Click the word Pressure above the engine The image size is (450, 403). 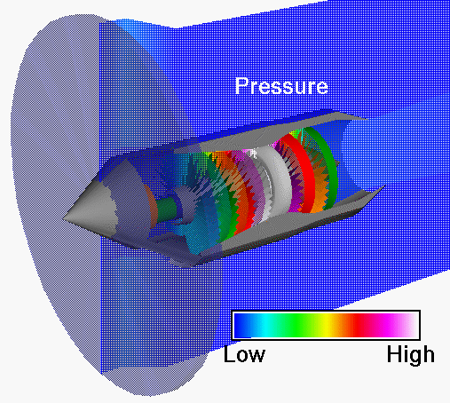tap(281, 86)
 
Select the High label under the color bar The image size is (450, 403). tap(411, 355)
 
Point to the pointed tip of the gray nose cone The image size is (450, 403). tap(67, 213)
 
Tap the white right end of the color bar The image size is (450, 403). tap(409, 326)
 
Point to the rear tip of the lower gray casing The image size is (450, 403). tap(382, 188)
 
